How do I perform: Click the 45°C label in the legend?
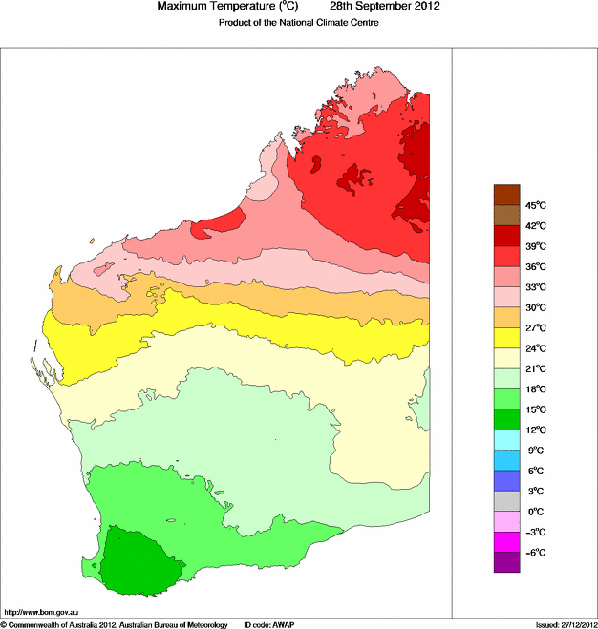(x=535, y=205)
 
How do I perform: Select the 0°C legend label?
(x=535, y=513)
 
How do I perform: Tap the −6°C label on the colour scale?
(x=535, y=554)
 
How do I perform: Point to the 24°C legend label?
(x=535, y=348)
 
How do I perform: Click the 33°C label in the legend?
(x=535, y=287)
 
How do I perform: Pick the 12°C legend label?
(x=535, y=430)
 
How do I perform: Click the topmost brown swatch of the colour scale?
(x=506, y=195)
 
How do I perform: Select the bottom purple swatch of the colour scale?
(x=506, y=563)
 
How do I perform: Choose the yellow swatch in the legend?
(x=506, y=338)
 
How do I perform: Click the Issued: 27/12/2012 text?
(x=566, y=624)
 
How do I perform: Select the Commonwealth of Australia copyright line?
(x=115, y=624)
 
